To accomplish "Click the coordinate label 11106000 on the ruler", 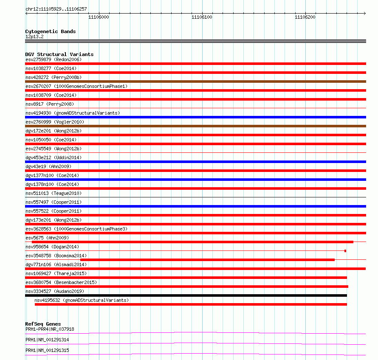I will (99, 17).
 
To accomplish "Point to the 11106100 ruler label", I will (202, 17).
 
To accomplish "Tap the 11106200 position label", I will (305, 17).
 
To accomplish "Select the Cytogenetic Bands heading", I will (50, 31).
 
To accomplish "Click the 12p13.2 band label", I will (34, 37).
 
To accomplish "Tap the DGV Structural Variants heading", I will (59, 54).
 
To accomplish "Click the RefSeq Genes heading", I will (43, 324).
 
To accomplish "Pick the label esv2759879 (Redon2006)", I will (53, 59).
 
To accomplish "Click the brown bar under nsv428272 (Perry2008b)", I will (195, 82).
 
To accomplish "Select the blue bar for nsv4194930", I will (195, 117).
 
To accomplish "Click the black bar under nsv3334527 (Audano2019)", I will (186, 295).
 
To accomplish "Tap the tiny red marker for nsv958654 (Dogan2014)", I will (345, 251).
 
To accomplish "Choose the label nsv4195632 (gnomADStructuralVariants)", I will (82, 300).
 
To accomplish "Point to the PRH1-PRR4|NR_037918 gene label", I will (50, 329).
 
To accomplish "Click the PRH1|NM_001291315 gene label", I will (47, 350).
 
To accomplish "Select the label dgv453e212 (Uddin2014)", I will (54, 157).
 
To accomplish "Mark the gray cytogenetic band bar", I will (195, 41).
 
